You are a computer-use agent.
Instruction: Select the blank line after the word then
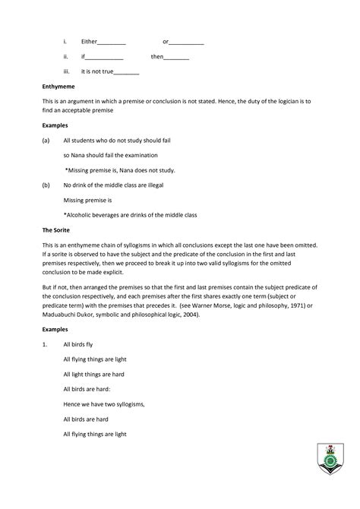(176, 57)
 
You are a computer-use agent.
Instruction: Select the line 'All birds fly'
(78, 345)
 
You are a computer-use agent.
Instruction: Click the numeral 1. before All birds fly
(46, 345)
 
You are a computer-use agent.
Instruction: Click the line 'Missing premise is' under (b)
(88, 200)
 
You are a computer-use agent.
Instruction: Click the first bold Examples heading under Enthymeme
(56, 125)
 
